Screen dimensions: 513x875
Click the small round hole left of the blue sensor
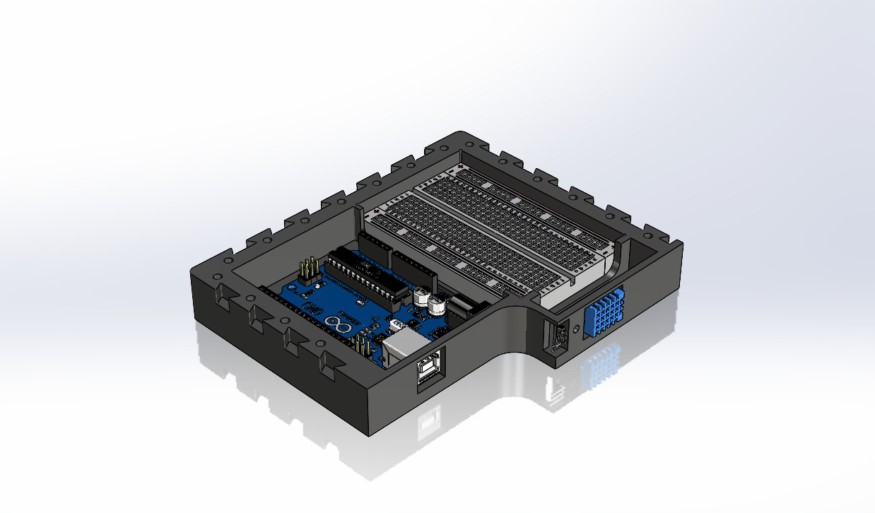tap(575, 329)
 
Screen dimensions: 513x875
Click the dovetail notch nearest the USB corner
tap(328, 362)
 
